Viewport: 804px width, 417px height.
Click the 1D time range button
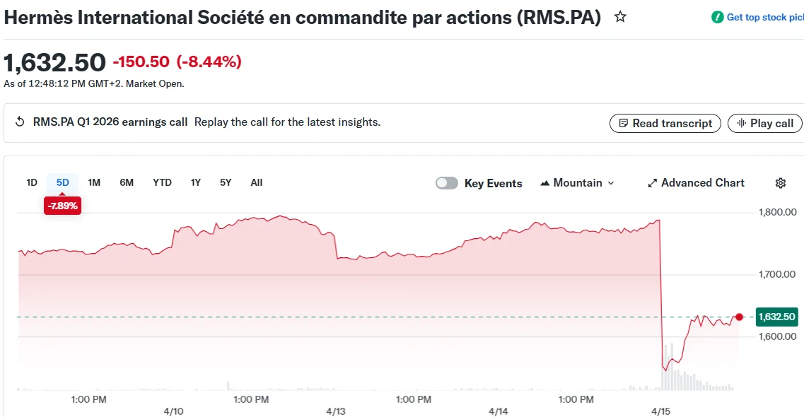coord(32,182)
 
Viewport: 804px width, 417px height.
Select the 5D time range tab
coord(63,182)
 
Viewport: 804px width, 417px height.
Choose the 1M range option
coord(94,182)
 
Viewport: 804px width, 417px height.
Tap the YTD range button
coord(162,182)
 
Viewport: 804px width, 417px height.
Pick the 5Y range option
coord(226,182)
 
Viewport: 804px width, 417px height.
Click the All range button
coord(257,182)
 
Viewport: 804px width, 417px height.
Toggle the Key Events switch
coord(447,183)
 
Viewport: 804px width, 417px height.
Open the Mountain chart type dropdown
coord(577,183)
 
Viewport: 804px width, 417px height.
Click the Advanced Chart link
coord(696,183)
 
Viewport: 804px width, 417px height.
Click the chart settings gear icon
coord(781,183)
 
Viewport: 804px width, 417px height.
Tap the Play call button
coord(765,123)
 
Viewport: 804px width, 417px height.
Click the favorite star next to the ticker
coord(620,17)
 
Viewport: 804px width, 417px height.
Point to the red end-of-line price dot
coord(740,317)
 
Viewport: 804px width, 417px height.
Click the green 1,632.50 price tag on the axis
coord(776,317)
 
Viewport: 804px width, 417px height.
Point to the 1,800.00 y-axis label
coord(777,212)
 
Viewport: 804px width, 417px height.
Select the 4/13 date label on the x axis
coord(336,411)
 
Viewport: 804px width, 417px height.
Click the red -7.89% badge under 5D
coord(62,206)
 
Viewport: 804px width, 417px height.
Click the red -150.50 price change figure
coord(141,62)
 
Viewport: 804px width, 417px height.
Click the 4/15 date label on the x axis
coord(660,411)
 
